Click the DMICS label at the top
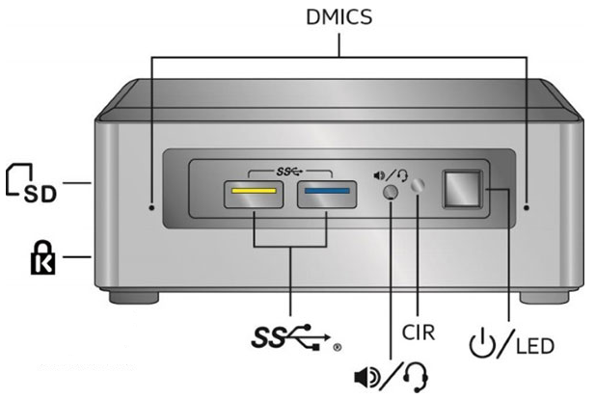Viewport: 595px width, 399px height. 338,16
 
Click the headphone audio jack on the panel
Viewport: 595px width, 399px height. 391,192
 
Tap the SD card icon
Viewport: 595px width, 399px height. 31,182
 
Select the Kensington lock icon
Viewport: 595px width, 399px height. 31,259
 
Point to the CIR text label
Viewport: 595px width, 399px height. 419,334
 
